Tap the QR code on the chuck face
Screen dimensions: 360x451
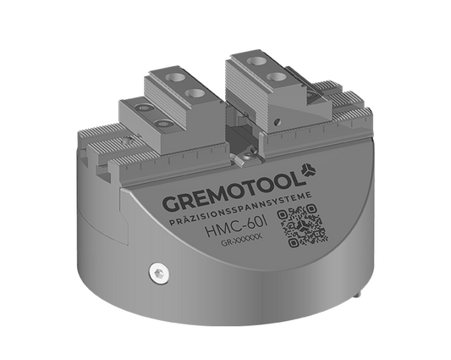[303, 227]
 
